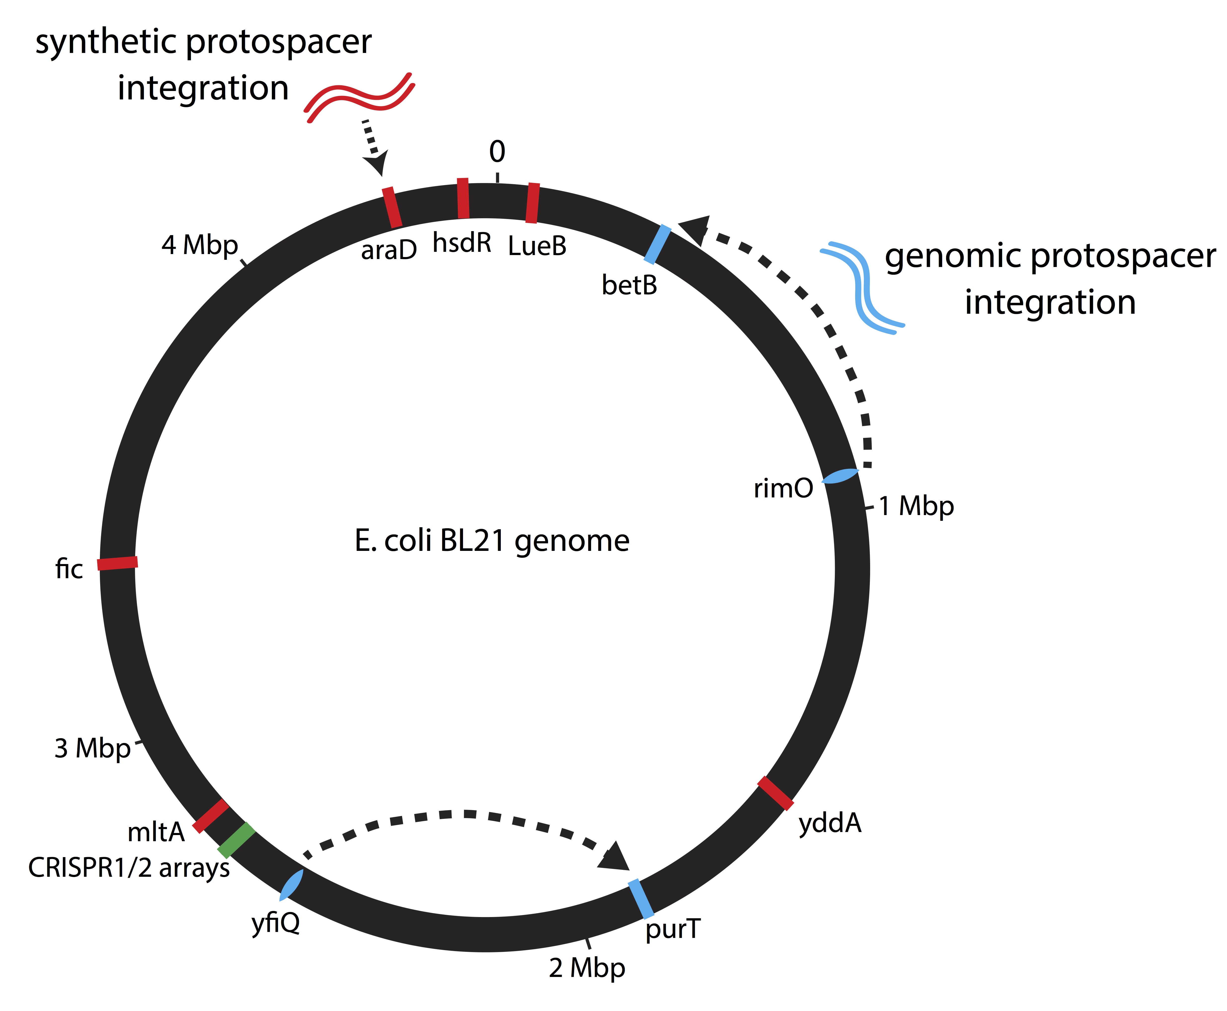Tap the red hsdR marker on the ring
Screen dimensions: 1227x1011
click(x=463, y=198)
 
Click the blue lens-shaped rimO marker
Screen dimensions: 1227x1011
click(x=840, y=476)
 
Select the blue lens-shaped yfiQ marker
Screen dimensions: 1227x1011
click(x=292, y=885)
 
